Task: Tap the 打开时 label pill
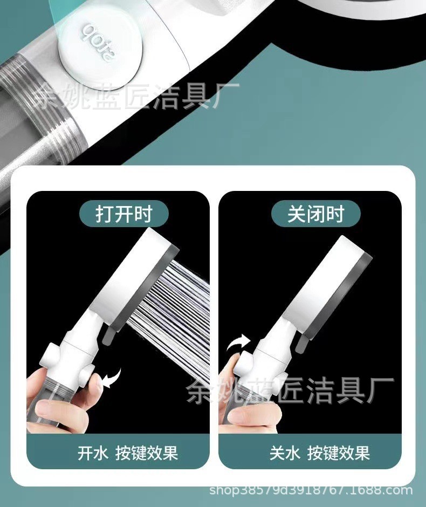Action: pyautogui.click(x=124, y=214)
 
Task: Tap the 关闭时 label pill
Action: pyautogui.click(x=316, y=214)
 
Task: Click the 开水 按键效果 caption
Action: pyautogui.click(x=128, y=453)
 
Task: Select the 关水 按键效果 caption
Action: pyautogui.click(x=320, y=453)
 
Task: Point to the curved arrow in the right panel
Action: pyautogui.click(x=238, y=344)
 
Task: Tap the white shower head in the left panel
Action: pyautogui.click(x=133, y=278)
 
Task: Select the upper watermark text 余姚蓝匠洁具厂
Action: pyautogui.click(x=138, y=96)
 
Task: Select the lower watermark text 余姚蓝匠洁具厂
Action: pyautogui.click(x=290, y=390)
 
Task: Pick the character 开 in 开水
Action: pyautogui.click(x=85, y=453)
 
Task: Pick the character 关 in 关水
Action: pyautogui.click(x=277, y=453)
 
